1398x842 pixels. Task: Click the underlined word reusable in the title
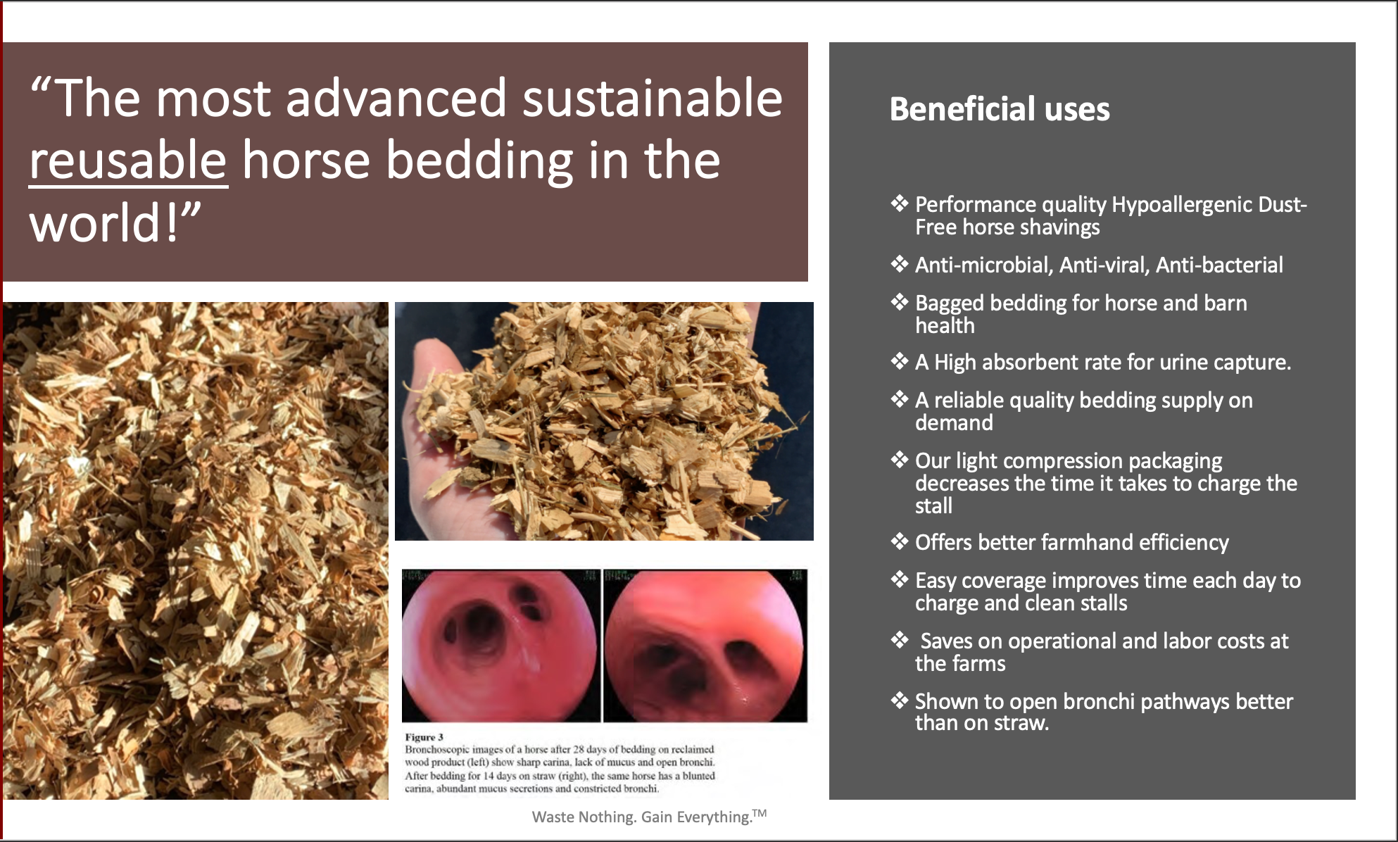[128, 160]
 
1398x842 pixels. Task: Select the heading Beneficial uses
[1000, 109]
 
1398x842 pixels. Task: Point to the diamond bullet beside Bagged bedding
[900, 302]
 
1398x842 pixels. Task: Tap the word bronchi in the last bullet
[1099, 701]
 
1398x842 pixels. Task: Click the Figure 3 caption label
[424, 737]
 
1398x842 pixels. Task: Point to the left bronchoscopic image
[500, 646]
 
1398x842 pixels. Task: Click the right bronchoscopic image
[705, 646]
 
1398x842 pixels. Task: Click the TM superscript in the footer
[759, 813]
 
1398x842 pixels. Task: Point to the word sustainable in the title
[653, 98]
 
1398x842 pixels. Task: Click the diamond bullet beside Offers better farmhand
[900, 541]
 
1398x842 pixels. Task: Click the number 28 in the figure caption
[579, 749]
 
